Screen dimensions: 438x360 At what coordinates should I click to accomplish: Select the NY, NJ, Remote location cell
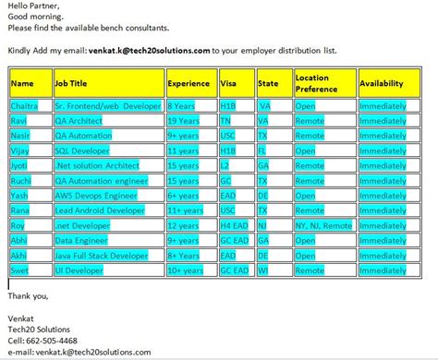323,225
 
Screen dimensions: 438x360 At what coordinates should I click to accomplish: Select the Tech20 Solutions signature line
38,330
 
